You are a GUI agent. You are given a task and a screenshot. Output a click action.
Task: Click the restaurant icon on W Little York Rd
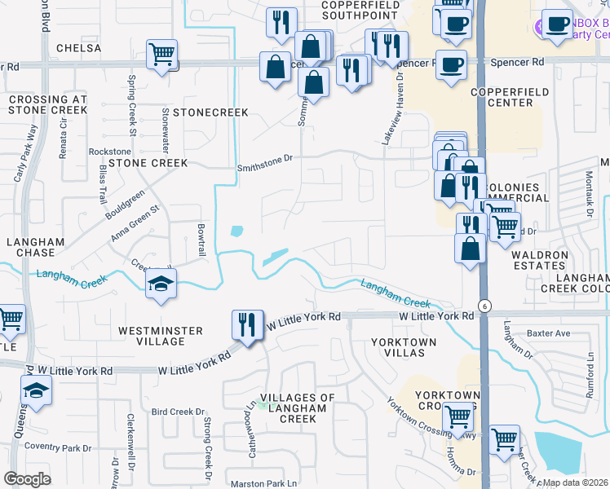pos(245,324)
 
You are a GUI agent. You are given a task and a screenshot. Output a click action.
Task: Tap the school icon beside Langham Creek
pos(160,284)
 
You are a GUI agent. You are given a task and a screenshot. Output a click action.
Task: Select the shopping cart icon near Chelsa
pos(162,54)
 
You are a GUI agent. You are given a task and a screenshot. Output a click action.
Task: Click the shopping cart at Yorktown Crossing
pos(458,416)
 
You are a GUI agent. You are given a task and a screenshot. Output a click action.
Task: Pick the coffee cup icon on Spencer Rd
pos(451,64)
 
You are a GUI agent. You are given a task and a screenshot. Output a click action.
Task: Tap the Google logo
pos(27,479)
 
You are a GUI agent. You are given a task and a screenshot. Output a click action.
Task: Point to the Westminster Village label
pos(158,330)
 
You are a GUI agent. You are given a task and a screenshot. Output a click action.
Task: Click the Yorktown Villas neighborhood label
pos(398,346)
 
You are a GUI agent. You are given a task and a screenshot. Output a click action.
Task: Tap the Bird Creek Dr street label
pos(177,412)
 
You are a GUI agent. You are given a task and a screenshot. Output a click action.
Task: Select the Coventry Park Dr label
pos(58,447)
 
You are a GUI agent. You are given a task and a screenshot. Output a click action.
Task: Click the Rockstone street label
pos(109,152)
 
